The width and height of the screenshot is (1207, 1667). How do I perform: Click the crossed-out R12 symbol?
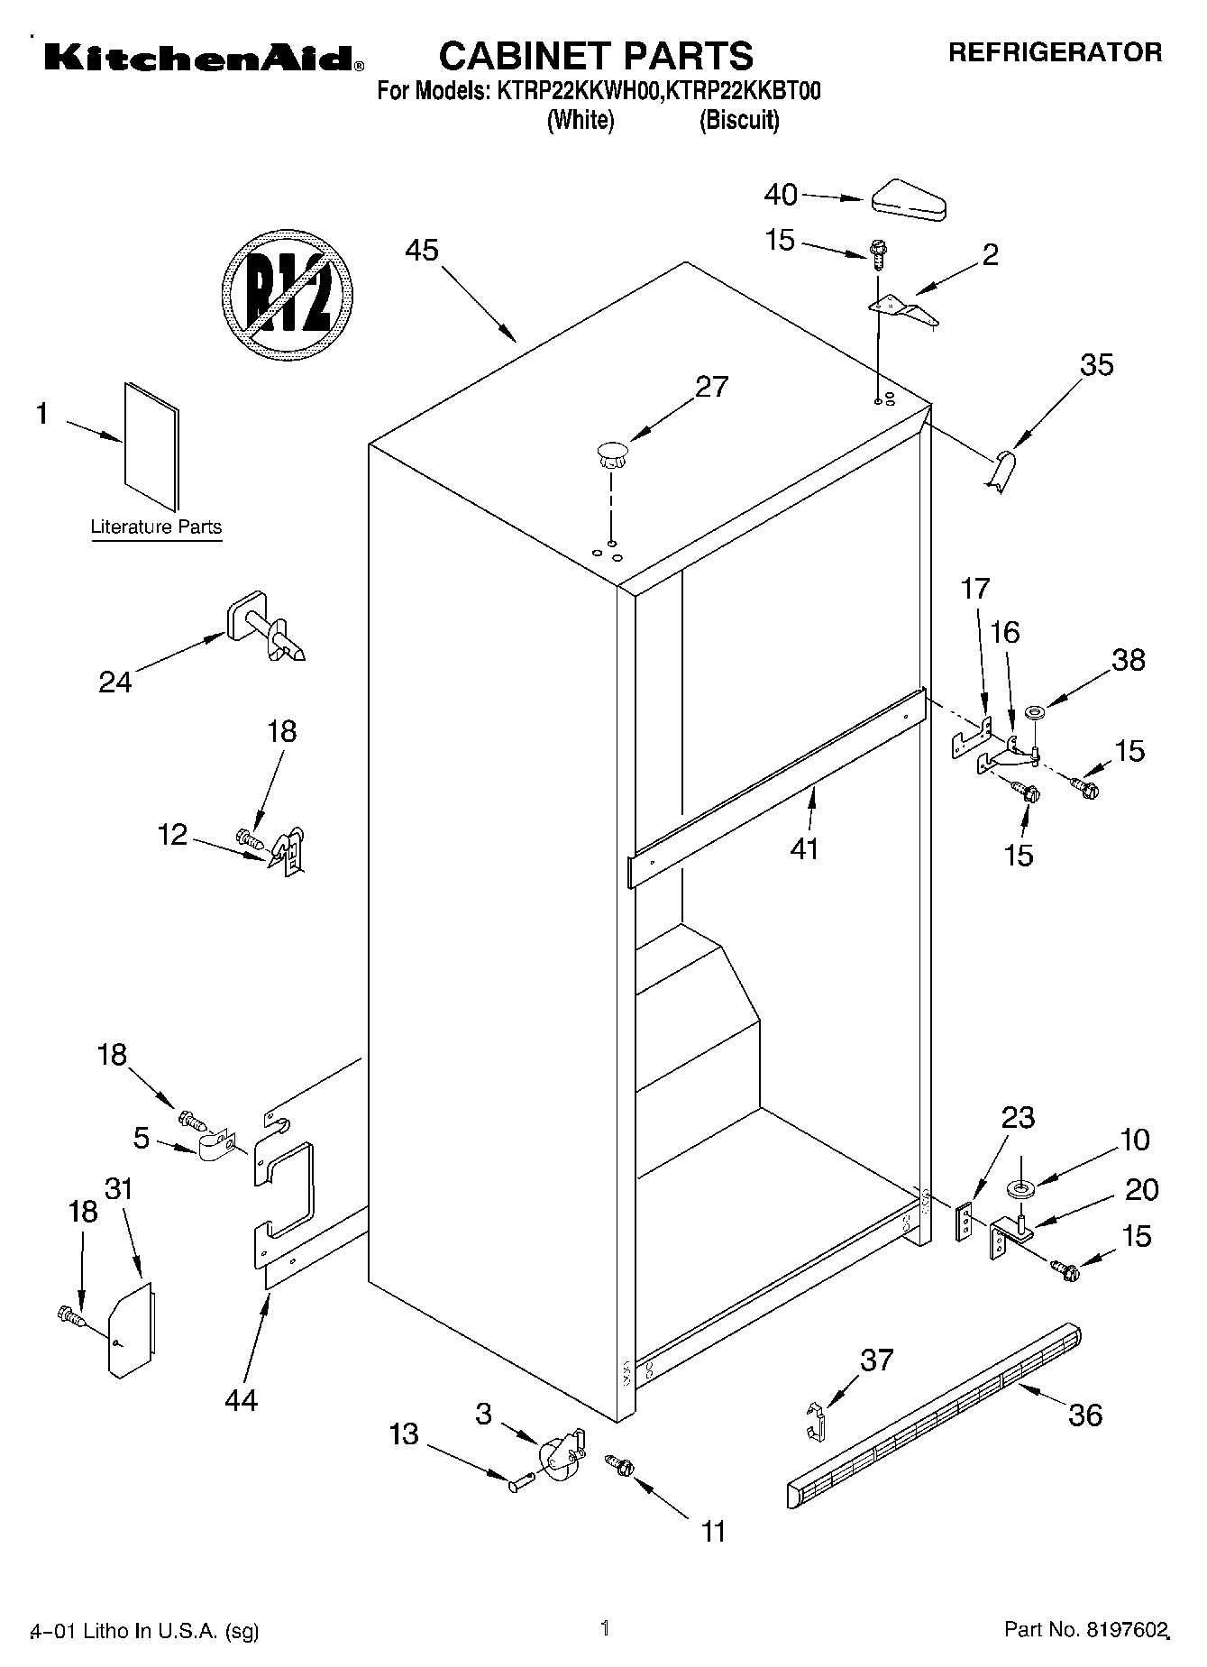click(x=287, y=295)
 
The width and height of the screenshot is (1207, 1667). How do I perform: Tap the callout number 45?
click(x=421, y=250)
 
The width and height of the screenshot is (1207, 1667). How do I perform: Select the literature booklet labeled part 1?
click(x=151, y=444)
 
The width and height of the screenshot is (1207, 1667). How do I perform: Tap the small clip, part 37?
click(x=815, y=1420)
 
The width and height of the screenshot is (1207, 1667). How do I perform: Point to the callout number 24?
click(x=115, y=682)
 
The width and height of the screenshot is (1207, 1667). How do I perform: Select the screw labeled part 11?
click(x=618, y=1464)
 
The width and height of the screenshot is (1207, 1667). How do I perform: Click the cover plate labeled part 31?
click(x=131, y=1329)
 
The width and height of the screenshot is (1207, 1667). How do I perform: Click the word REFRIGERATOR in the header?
click(x=1055, y=52)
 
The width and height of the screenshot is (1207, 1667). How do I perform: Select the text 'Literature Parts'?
click(x=156, y=527)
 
